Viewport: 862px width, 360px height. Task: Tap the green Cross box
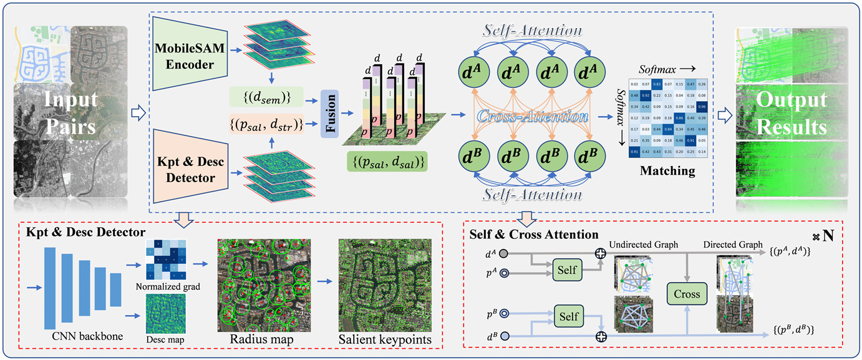click(684, 293)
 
